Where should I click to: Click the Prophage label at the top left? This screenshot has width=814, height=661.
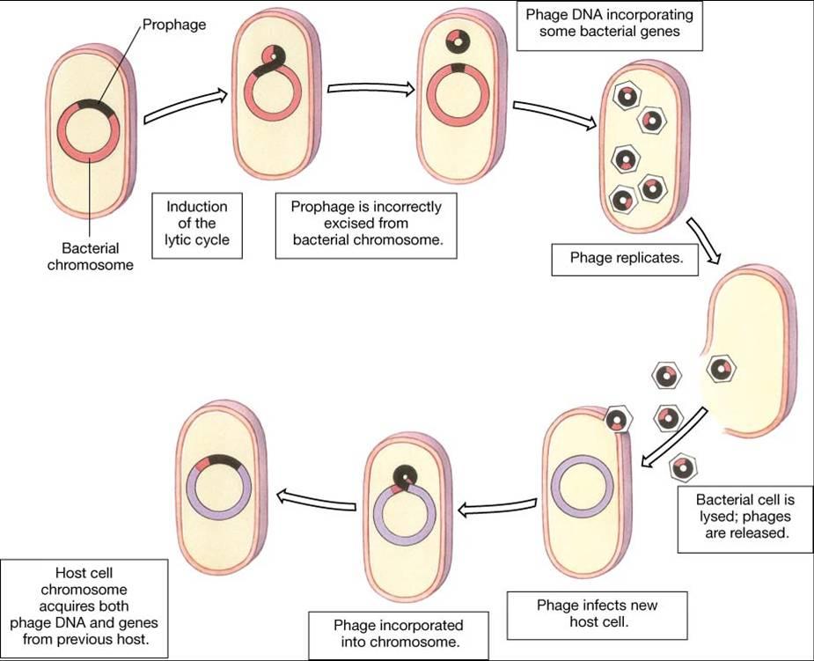click(174, 25)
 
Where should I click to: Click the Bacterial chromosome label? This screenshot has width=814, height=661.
click(91, 256)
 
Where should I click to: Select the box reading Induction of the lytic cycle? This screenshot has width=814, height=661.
click(197, 226)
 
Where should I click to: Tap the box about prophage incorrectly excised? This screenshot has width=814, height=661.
click(366, 226)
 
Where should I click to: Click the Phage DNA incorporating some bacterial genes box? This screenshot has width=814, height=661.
click(610, 25)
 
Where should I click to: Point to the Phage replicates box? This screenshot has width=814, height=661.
click(625, 259)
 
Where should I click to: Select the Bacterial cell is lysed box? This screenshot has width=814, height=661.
click(745, 519)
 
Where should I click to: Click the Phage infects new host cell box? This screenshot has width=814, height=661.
click(597, 615)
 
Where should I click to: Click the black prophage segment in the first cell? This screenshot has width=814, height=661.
click(94, 106)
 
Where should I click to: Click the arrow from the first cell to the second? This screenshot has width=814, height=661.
click(186, 106)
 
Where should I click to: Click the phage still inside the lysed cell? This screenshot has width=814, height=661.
click(722, 369)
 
